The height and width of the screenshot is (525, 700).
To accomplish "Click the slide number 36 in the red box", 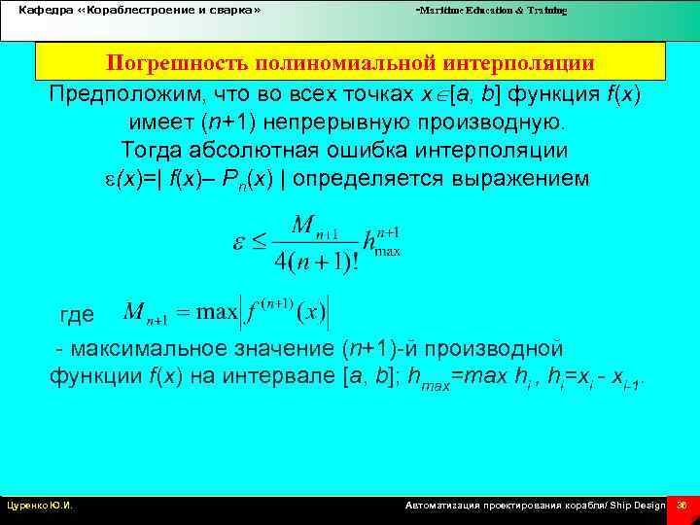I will (682, 506).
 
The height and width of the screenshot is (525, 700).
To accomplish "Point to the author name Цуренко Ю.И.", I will (41, 506).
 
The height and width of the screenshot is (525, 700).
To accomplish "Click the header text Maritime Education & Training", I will (491, 11).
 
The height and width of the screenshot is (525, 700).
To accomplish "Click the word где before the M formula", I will (78, 314).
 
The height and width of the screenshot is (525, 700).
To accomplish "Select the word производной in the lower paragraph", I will (496, 349).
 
